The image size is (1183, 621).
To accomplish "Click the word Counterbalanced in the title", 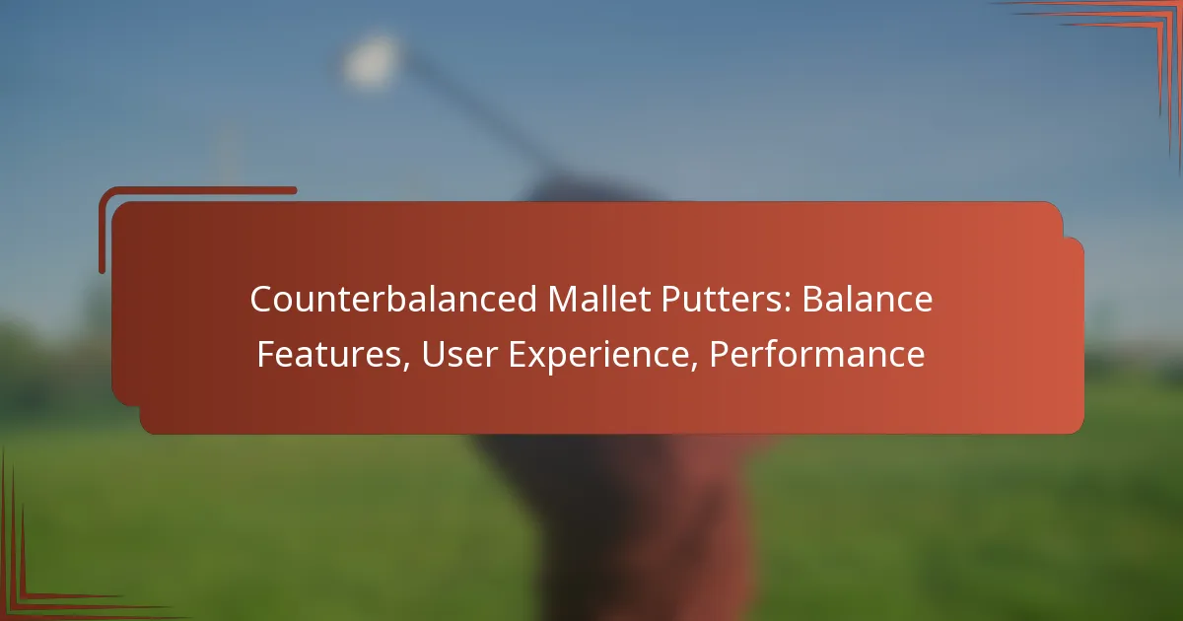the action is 393,299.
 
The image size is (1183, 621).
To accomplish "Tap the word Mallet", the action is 599,299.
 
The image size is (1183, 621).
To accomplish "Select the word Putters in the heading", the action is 722,299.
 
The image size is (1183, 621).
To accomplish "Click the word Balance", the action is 868,299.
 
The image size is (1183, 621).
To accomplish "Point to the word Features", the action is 329,354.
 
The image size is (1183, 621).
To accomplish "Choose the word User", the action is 459,354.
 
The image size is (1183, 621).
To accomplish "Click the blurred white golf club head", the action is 371,61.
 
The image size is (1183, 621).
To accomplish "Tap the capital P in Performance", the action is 719,354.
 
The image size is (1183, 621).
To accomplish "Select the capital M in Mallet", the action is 563,299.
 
